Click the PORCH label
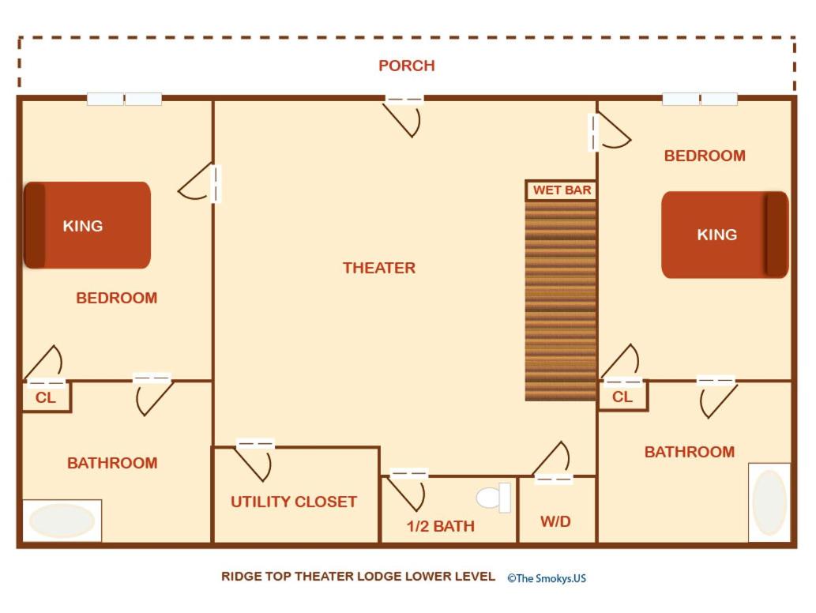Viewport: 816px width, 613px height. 407,66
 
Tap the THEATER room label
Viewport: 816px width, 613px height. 379,268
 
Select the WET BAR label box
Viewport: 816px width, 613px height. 561,190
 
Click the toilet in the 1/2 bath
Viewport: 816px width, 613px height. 494,498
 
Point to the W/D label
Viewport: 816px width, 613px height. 556,521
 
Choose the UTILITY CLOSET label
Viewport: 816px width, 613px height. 294,502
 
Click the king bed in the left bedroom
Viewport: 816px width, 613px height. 88,225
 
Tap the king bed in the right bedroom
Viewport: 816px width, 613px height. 725,235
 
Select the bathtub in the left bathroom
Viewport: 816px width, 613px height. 62,521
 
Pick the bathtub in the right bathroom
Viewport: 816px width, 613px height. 769,502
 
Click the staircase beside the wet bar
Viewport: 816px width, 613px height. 561,301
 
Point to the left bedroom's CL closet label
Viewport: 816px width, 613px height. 45,398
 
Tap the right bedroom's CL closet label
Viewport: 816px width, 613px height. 622,397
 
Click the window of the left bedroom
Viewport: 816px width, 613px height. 124,99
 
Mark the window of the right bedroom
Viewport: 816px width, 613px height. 700,99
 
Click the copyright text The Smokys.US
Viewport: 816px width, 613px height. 547,578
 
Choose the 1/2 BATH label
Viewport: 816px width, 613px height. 440,526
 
